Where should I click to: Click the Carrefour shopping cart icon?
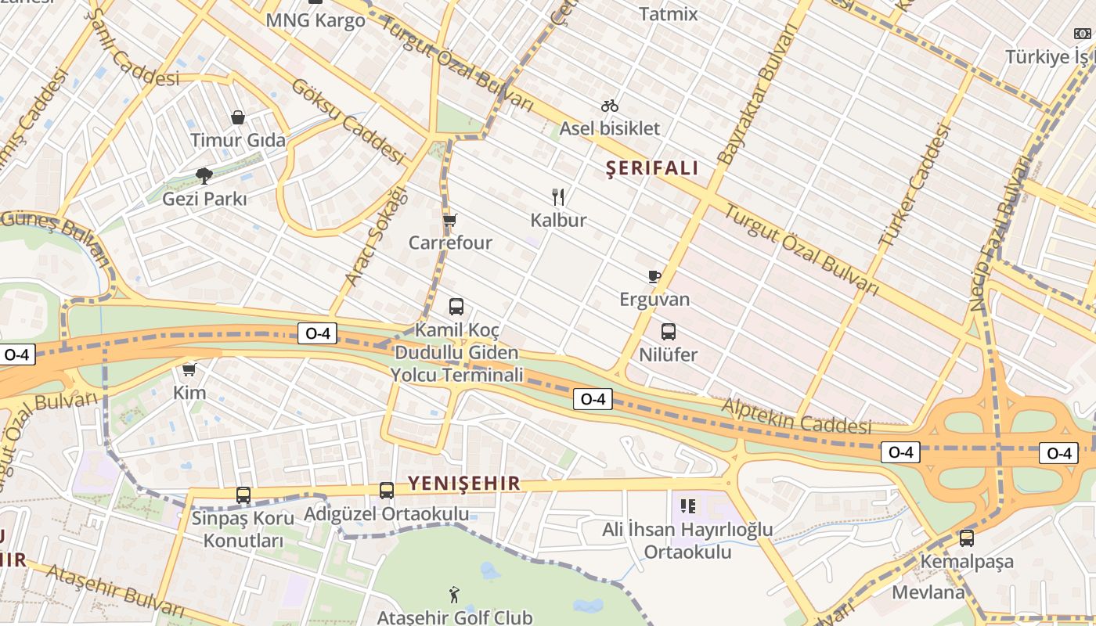[x=449, y=221]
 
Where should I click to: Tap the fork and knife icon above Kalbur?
[x=558, y=196]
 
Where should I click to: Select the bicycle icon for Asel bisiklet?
[x=610, y=106]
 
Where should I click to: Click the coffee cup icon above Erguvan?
[x=654, y=275]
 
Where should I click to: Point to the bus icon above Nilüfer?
[x=669, y=332]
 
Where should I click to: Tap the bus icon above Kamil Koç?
[x=456, y=307]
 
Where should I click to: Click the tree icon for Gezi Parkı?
[x=204, y=175]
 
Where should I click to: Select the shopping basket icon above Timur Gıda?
[x=238, y=117]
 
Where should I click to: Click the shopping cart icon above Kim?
[x=189, y=369]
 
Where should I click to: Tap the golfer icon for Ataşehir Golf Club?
[x=454, y=595]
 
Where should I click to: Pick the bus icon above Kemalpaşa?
[x=967, y=538]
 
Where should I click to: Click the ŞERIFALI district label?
[x=652, y=168]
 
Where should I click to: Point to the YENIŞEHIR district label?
[x=464, y=484]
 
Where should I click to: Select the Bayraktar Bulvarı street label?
[x=759, y=93]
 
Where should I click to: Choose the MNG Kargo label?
[x=315, y=20]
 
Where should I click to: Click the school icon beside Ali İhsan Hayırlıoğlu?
[x=688, y=506]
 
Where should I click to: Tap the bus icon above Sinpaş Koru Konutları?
[x=243, y=495]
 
